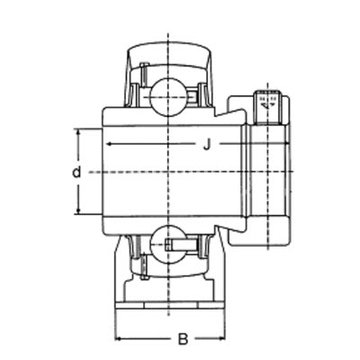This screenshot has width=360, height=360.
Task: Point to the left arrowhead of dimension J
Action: pos(106,144)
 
